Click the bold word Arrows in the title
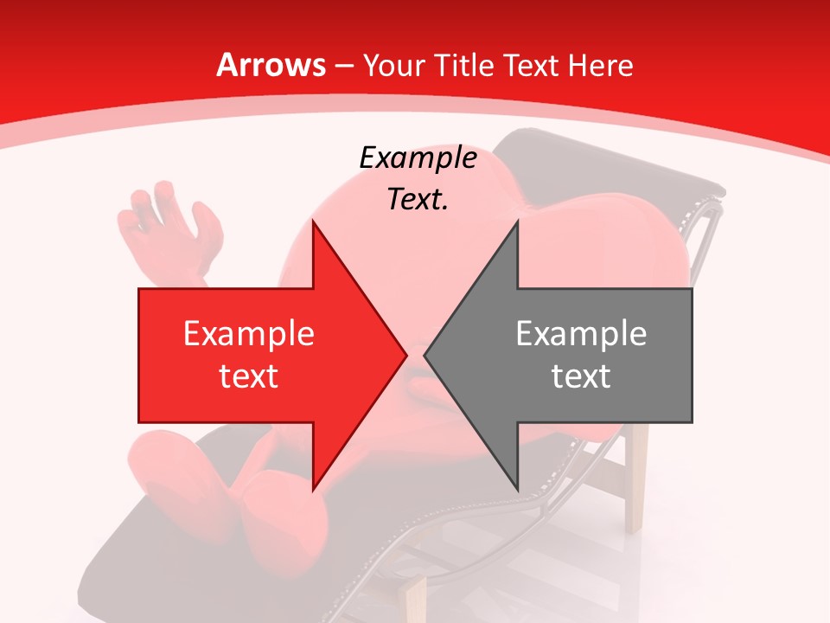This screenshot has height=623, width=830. [x=271, y=65]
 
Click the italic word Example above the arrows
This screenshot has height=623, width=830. [x=418, y=158]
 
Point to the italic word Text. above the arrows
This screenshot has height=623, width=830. [x=418, y=200]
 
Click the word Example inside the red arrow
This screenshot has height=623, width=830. [x=248, y=334]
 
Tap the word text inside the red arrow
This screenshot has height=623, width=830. [x=248, y=376]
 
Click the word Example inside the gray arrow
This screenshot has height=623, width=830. [x=581, y=334]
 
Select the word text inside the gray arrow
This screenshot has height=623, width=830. [x=581, y=376]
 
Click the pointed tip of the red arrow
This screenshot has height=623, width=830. [x=405, y=355]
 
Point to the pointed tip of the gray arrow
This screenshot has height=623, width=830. [x=425, y=355]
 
